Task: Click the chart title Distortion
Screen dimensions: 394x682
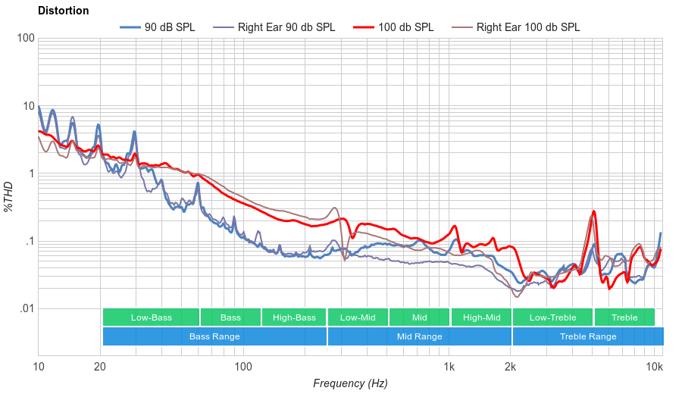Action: coord(63,11)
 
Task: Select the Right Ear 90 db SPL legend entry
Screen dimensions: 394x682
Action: coord(286,27)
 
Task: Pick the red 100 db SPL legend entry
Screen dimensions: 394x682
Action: coord(405,27)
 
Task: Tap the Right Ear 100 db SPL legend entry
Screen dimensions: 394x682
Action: coord(527,27)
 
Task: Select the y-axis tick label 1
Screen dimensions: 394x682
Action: coord(30,174)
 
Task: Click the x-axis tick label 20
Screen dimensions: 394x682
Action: coord(100,367)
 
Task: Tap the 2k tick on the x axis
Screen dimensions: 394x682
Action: coord(511,367)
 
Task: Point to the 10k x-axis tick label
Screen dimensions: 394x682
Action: coord(655,367)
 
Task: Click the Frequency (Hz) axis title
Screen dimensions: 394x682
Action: coord(350,383)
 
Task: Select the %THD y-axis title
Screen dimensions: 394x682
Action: coord(9,196)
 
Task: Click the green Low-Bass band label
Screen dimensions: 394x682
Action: coord(151,317)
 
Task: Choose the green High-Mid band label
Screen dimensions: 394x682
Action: coord(481,317)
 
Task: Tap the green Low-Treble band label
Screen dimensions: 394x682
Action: coord(552,317)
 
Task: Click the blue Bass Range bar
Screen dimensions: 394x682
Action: coord(214,336)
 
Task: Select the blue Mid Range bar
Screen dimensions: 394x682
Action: coord(419,336)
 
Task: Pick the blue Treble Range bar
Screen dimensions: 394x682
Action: coord(587,336)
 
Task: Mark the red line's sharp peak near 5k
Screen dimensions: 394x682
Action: coord(594,211)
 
